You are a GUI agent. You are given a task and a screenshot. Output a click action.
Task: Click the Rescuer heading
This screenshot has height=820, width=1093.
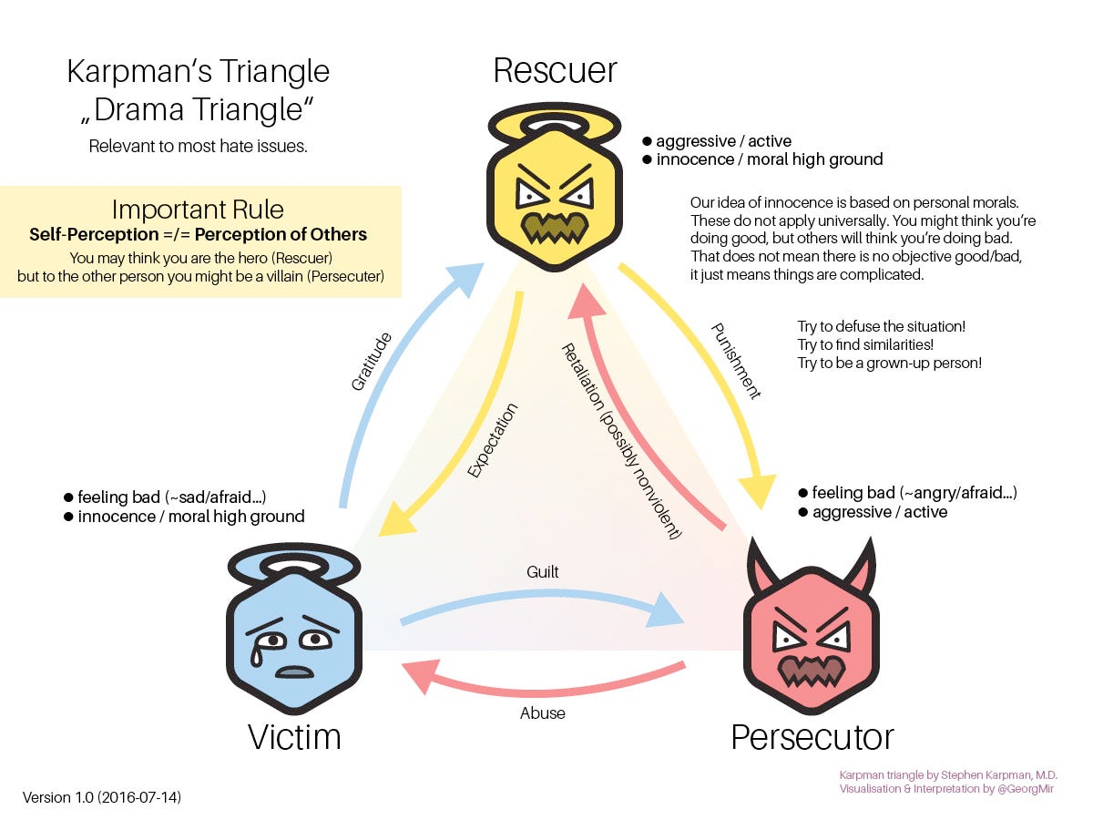click(555, 70)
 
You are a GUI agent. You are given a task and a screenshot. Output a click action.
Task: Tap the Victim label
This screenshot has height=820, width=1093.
click(294, 736)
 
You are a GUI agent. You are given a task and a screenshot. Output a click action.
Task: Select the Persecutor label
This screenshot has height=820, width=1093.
click(812, 736)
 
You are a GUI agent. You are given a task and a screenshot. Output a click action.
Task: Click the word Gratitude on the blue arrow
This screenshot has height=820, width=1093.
click(372, 362)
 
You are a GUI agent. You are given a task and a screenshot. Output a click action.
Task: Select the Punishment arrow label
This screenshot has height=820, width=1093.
click(734, 360)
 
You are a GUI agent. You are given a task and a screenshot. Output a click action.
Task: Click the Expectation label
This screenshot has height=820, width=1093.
click(492, 440)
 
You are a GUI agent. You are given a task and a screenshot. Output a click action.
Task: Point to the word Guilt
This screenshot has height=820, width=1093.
click(543, 572)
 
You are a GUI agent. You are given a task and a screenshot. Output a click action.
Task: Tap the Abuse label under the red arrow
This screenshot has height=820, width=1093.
click(543, 712)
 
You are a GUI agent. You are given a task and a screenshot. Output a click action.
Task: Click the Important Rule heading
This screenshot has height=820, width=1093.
click(199, 210)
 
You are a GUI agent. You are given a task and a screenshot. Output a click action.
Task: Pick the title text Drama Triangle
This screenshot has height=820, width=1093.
click(199, 109)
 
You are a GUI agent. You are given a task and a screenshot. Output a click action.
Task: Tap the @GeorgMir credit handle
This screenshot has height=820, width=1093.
click(1026, 789)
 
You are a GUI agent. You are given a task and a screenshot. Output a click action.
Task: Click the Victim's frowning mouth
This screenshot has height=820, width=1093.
click(294, 671)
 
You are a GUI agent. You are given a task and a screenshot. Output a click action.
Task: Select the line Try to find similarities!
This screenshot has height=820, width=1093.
click(865, 344)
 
